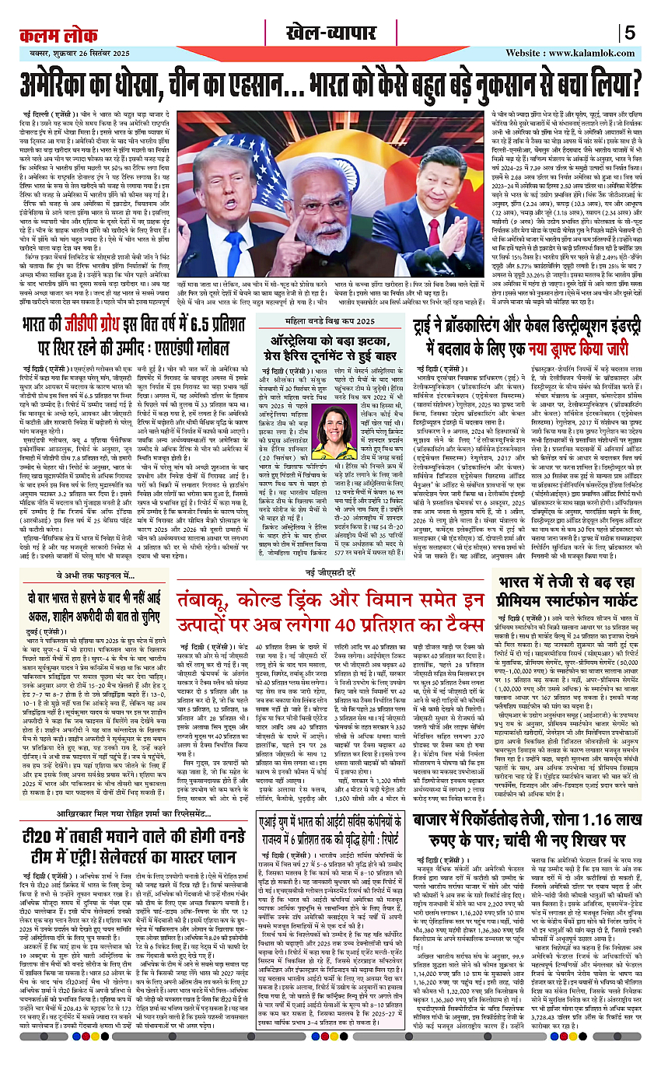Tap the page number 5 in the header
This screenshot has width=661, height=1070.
click(631, 33)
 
